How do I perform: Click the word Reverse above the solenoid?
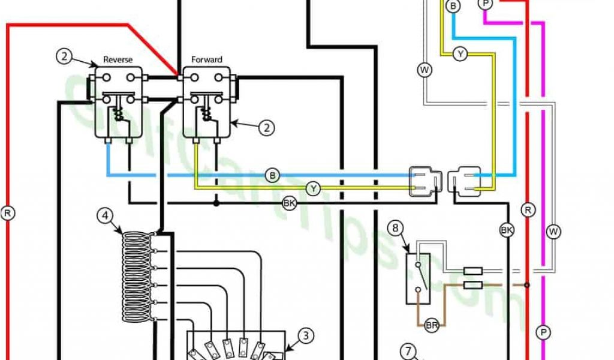click(118, 59)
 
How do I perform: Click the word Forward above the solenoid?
click(206, 59)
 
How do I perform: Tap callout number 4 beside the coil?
click(105, 215)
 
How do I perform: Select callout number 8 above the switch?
click(395, 227)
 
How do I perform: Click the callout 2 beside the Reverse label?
click(65, 57)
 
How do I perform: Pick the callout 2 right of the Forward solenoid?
click(267, 127)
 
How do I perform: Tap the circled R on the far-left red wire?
click(9, 212)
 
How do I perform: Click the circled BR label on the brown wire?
click(431, 325)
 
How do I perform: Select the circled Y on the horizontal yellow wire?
click(313, 189)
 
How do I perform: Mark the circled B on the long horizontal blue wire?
click(273, 175)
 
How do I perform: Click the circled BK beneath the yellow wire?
click(290, 203)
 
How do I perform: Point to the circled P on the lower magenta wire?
click(544, 331)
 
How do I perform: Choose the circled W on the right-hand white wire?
click(552, 230)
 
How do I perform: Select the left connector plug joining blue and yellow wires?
click(425, 182)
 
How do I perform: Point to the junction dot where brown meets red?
click(527, 286)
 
